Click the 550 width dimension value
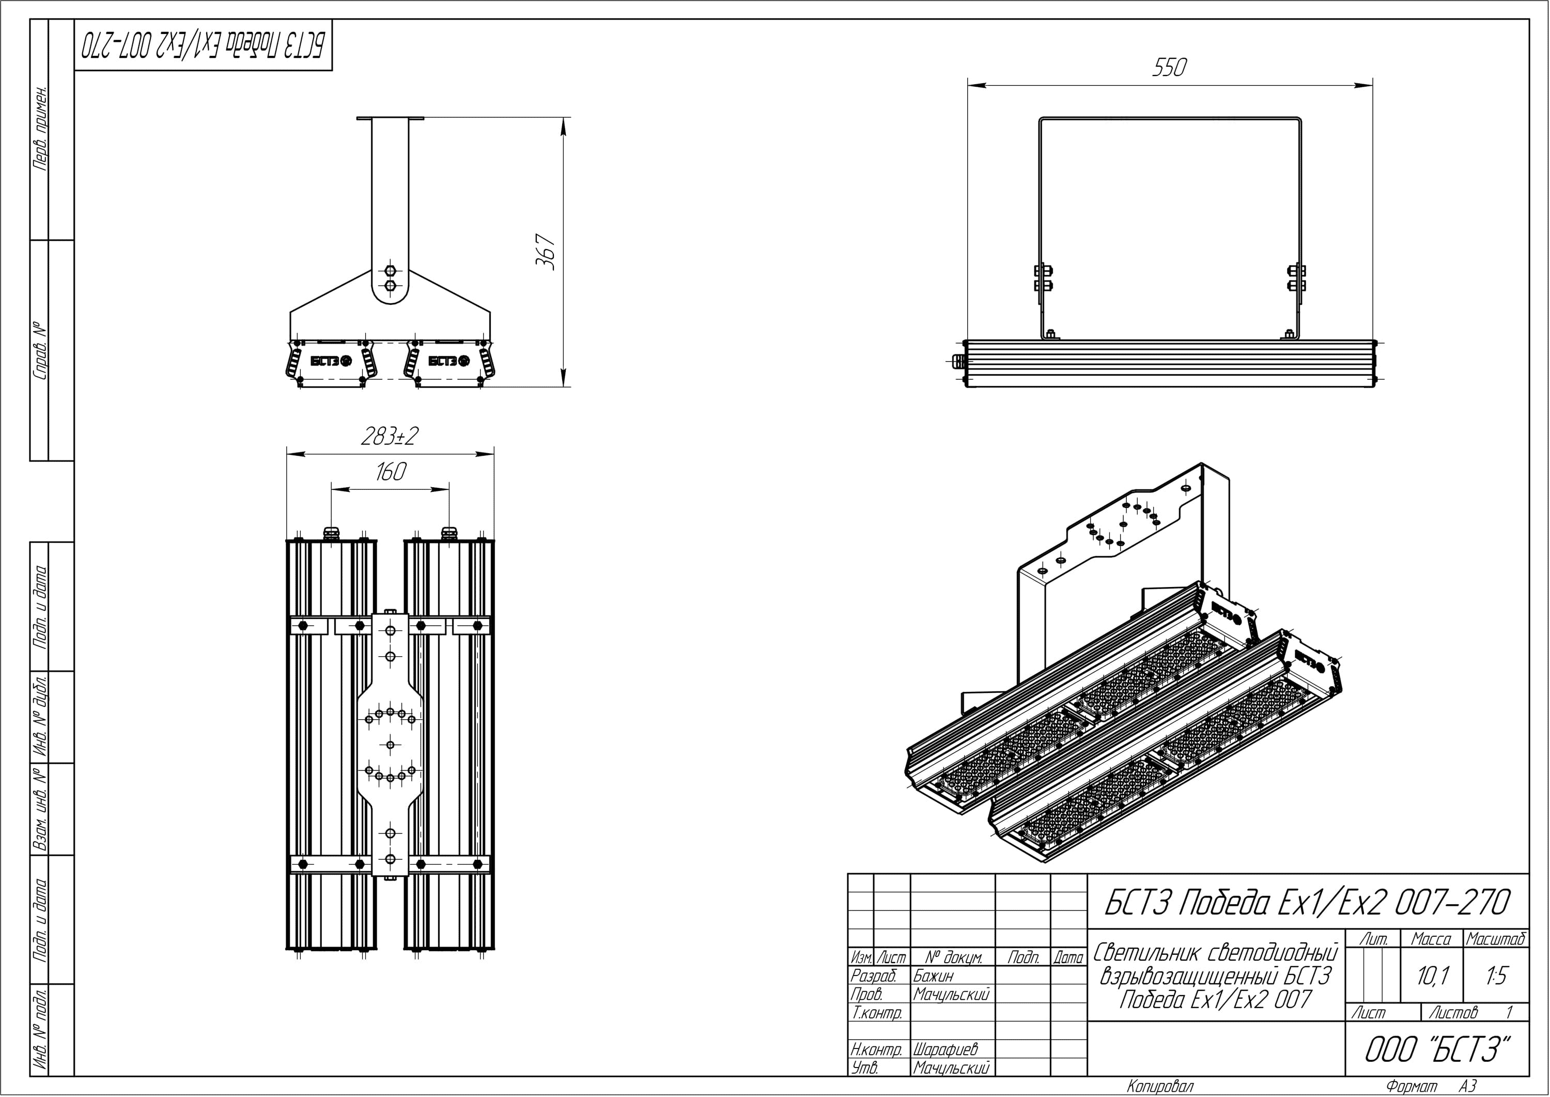1169,68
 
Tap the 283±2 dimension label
390,436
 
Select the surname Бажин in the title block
934,976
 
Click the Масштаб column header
1496,939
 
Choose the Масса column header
1431,939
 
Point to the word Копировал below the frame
1160,1086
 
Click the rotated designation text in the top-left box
203,45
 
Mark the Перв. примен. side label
40,128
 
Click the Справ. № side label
40,350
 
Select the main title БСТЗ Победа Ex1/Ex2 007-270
1307,903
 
